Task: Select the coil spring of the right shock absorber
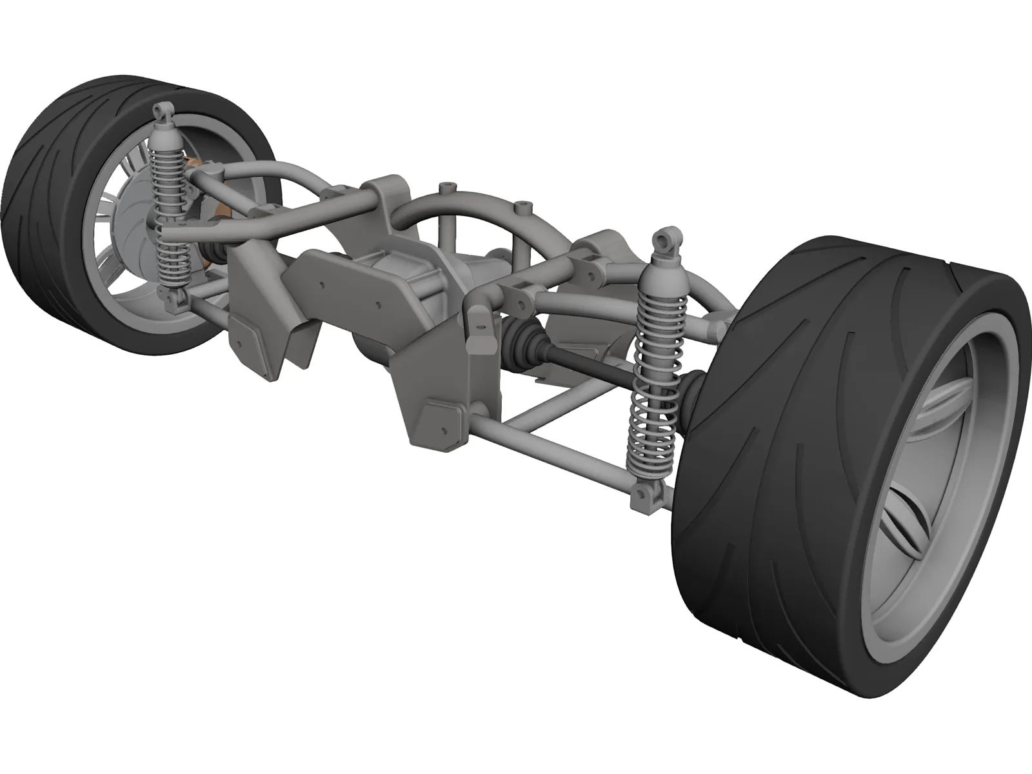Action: [x=652, y=413]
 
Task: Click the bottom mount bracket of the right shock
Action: [x=647, y=481]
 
